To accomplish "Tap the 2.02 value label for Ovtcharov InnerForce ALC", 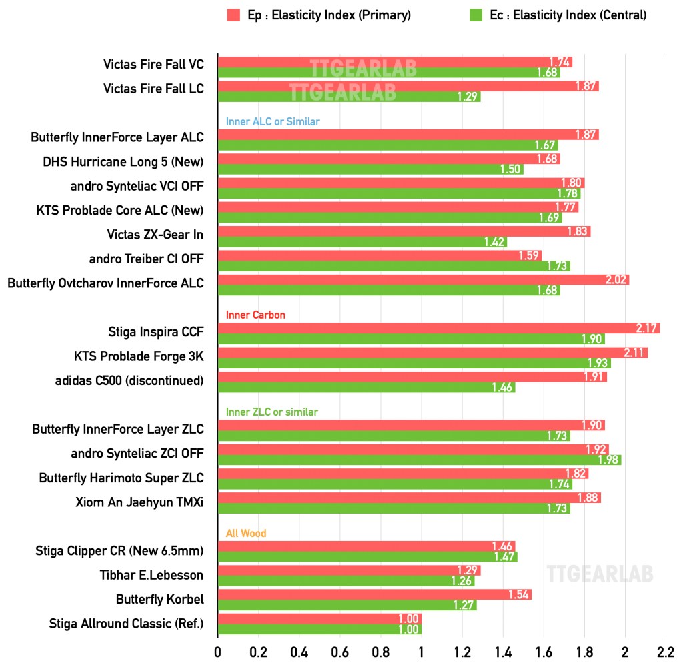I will point(616,279).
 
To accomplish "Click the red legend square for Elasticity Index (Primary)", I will point(233,15).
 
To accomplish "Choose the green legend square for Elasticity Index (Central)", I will point(476,15).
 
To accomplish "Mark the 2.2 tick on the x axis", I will point(666,651).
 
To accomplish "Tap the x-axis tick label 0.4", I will point(299,651).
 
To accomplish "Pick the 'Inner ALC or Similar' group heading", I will point(272,121).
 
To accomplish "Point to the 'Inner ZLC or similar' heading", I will point(271,412).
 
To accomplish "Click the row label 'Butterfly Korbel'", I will point(159,599).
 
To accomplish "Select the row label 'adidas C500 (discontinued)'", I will point(129,381).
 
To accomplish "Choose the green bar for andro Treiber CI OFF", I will point(394,266).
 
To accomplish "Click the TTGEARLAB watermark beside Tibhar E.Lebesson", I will point(600,573).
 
